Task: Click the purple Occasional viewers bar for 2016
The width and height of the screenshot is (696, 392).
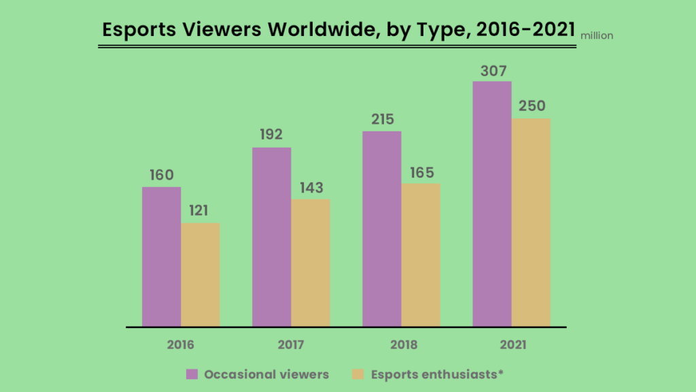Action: pos(161,257)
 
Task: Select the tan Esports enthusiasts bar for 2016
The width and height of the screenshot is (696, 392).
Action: pos(201,274)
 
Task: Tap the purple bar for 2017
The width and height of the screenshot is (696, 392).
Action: pos(271,237)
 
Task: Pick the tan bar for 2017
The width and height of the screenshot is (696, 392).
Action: pos(311,263)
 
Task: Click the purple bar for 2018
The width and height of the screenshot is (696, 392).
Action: pos(381,229)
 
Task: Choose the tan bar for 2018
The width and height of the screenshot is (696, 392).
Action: pos(421,255)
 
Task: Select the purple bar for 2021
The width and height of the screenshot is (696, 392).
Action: pos(491,204)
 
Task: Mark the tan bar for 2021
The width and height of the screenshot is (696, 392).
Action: pos(531,223)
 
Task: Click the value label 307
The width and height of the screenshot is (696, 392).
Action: pos(492,71)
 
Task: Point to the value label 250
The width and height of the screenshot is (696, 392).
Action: pos(531,107)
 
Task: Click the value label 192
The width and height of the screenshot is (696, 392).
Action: pos(271,135)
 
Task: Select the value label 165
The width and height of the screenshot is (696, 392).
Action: pos(421,172)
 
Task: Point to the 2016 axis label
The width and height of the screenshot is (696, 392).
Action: pos(181,344)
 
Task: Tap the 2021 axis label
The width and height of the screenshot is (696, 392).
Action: pos(512,344)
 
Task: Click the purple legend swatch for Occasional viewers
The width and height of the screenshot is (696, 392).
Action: pos(192,374)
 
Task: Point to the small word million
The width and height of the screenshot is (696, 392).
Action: pos(597,36)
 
